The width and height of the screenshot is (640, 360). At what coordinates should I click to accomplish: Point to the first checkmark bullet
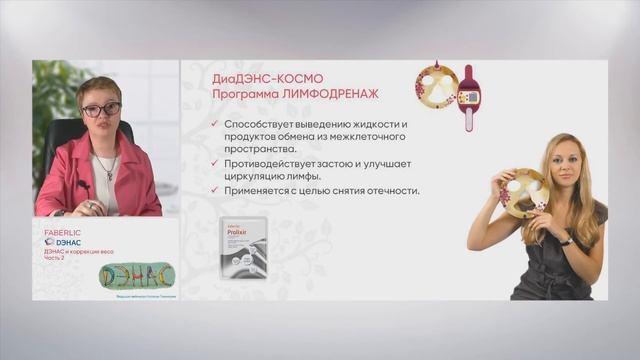(216, 125)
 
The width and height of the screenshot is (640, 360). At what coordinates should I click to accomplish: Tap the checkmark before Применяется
(216, 190)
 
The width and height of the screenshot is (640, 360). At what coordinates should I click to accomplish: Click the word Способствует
(266, 124)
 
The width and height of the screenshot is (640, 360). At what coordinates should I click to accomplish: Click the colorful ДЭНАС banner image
(138, 275)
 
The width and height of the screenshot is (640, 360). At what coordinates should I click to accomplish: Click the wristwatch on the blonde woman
(566, 240)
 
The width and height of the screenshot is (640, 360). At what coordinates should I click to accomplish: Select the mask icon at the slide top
(436, 88)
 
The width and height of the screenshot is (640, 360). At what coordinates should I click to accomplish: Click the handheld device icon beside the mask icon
(468, 98)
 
